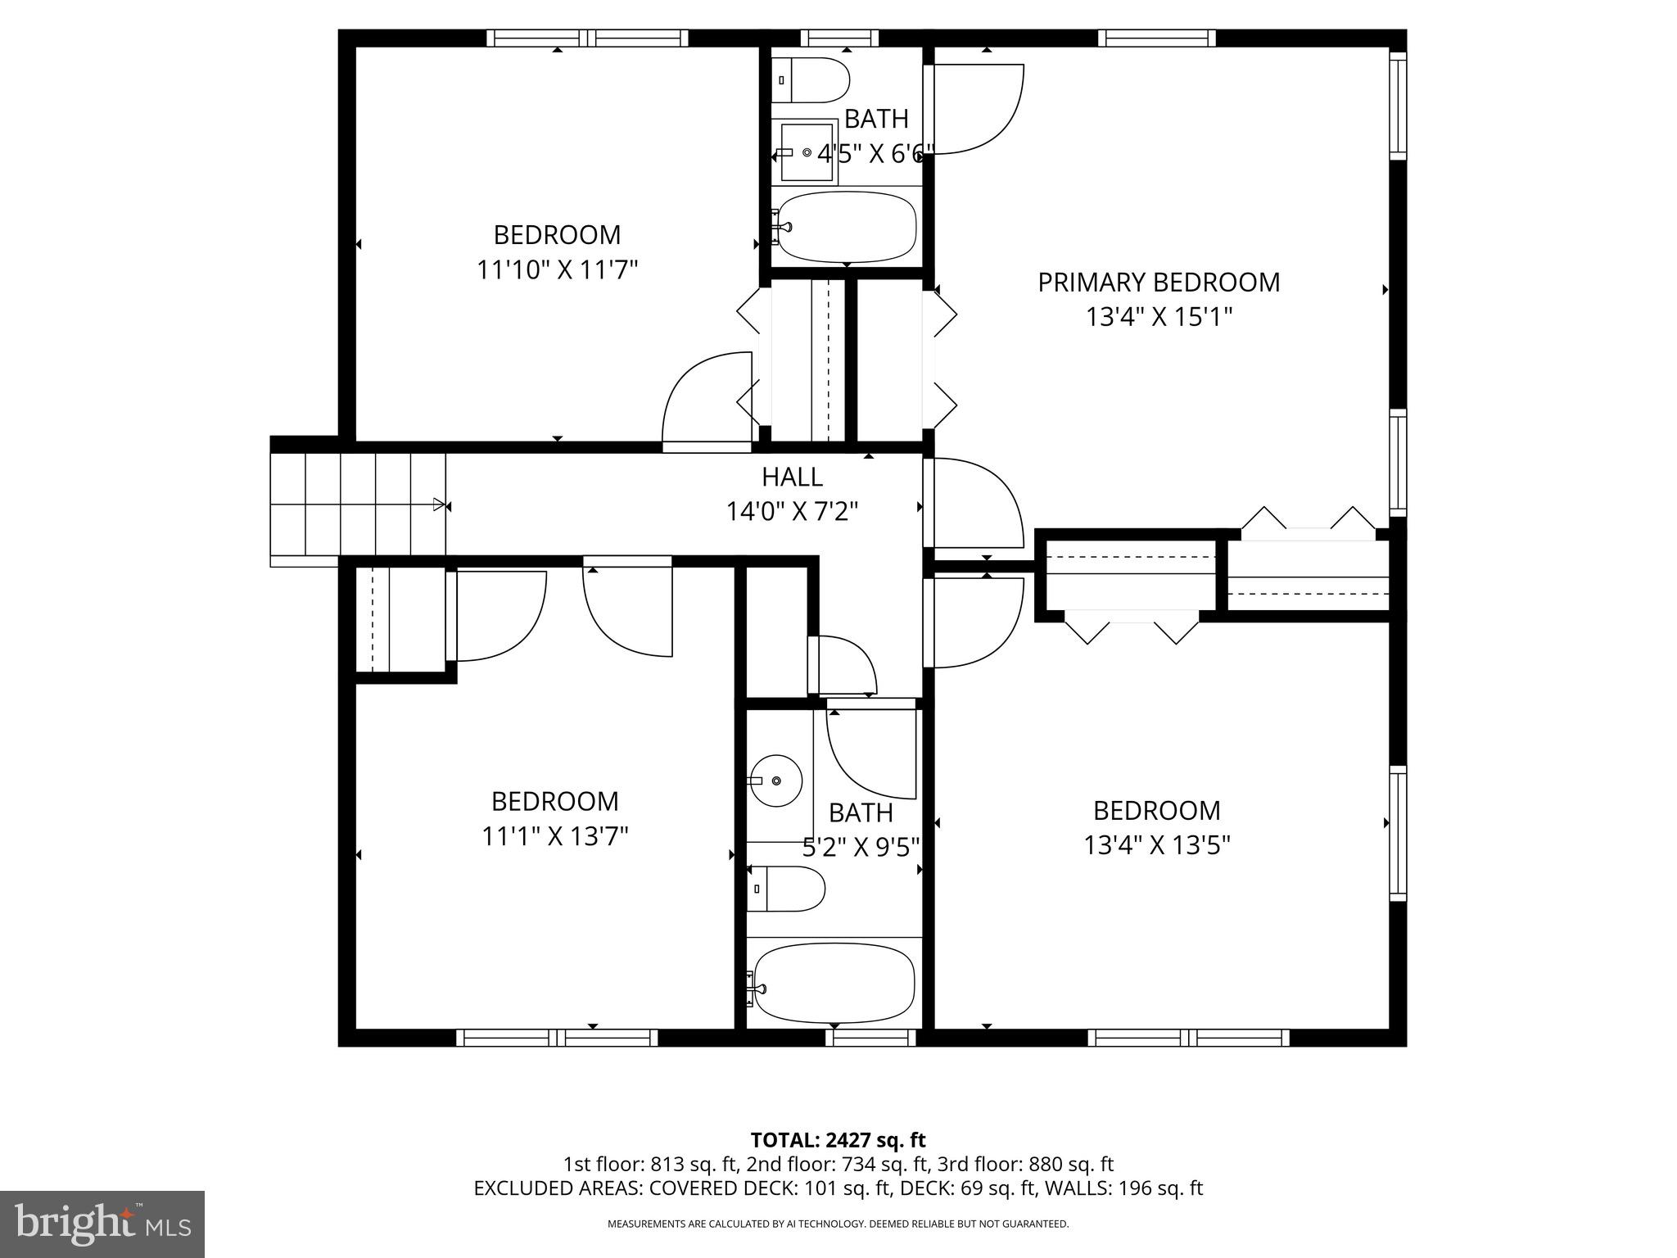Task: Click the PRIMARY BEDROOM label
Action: [x=1158, y=283]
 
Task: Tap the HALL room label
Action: [x=792, y=477]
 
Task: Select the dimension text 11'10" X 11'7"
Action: [x=557, y=269]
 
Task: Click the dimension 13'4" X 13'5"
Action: [x=1157, y=845]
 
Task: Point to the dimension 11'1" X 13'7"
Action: [x=555, y=836]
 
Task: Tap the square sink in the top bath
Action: [x=807, y=152]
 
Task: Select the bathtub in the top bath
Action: [x=846, y=226]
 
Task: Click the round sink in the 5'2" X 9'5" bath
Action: [x=775, y=781]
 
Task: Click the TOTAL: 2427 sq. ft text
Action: [x=838, y=1140]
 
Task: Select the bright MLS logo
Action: [x=102, y=1224]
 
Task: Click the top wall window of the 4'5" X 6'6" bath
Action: [x=839, y=38]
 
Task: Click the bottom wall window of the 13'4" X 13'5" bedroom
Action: [x=1188, y=1038]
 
